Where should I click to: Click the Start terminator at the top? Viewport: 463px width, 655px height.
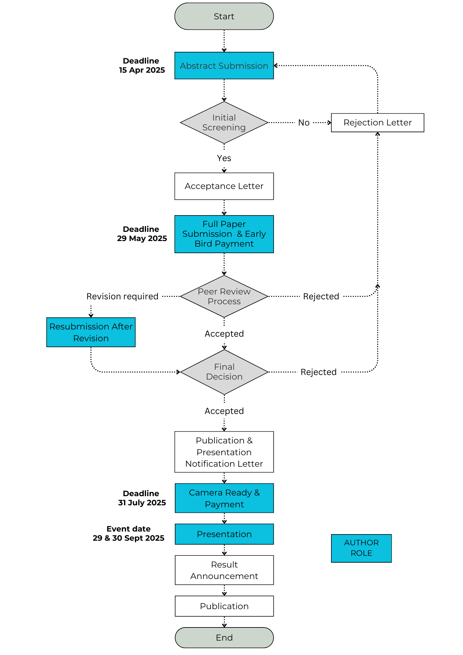[x=224, y=16]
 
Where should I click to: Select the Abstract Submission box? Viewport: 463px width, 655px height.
[x=224, y=65]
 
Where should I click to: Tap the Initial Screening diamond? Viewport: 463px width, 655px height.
[x=224, y=122]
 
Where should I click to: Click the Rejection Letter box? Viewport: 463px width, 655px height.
[x=378, y=123]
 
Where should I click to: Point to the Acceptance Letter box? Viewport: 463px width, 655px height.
[x=224, y=186]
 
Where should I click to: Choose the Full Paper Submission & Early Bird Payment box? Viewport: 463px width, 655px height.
[x=224, y=234]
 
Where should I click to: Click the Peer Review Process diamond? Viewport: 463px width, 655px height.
[x=224, y=296]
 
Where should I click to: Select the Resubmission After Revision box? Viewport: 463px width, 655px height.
[x=91, y=332]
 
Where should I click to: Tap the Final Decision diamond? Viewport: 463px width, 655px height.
[x=224, y=372]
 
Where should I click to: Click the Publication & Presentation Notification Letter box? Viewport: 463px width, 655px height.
[x=224, y=452]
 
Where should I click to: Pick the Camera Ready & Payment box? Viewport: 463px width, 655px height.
[x=224, y=498]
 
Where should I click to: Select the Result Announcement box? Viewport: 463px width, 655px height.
[x=224, y=570]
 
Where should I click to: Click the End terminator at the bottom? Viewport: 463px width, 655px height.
[x=224, y=638]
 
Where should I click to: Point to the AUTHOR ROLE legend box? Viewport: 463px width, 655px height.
[x=361, y=548]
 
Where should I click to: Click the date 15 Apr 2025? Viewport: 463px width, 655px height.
[x=142, y=70]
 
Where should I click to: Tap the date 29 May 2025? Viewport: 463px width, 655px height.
[x=142, y=238]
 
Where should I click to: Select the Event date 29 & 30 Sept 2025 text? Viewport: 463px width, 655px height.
[x=128, y=533]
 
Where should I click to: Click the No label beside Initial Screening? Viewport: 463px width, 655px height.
[x=304, y=123]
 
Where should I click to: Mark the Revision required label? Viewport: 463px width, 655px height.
[x=122, y=296]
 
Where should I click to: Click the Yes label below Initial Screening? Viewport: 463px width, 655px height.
[x=224, y=158]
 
